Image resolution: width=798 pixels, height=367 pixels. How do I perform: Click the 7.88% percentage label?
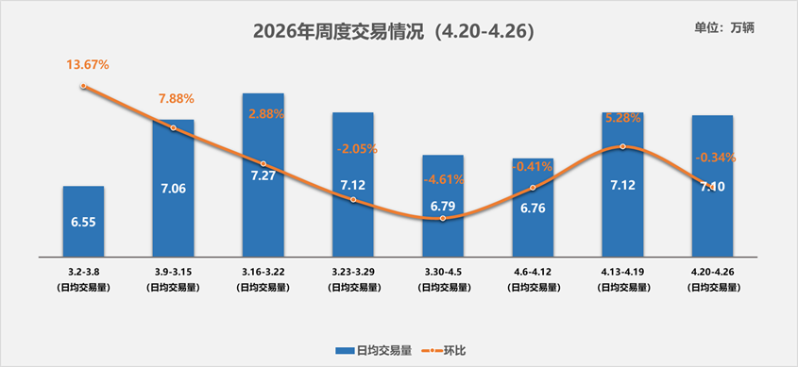pyautogui.click(x=176, y=99)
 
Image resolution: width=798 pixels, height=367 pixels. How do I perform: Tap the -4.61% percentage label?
pyautogui.click(x=443, y=178)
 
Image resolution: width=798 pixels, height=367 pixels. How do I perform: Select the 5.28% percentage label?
pyautogui.click(x=622, y=118)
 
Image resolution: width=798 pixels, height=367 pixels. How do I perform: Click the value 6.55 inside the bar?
pyautogui.click(x=84, y=224)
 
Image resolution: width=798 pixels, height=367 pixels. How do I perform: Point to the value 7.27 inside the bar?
pyautogui.click(x=263, y=176)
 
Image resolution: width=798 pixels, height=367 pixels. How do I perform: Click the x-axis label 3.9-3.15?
pyautogui.click(x=173, y=271)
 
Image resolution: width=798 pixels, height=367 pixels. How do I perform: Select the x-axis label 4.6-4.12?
pyautogui.click(x=533, y=271)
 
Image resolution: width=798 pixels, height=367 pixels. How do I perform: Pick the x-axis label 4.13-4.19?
pyautogui.click(x=622, y=271)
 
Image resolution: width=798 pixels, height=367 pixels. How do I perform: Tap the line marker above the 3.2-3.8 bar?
pyautogui.click(x=84, y=86)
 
